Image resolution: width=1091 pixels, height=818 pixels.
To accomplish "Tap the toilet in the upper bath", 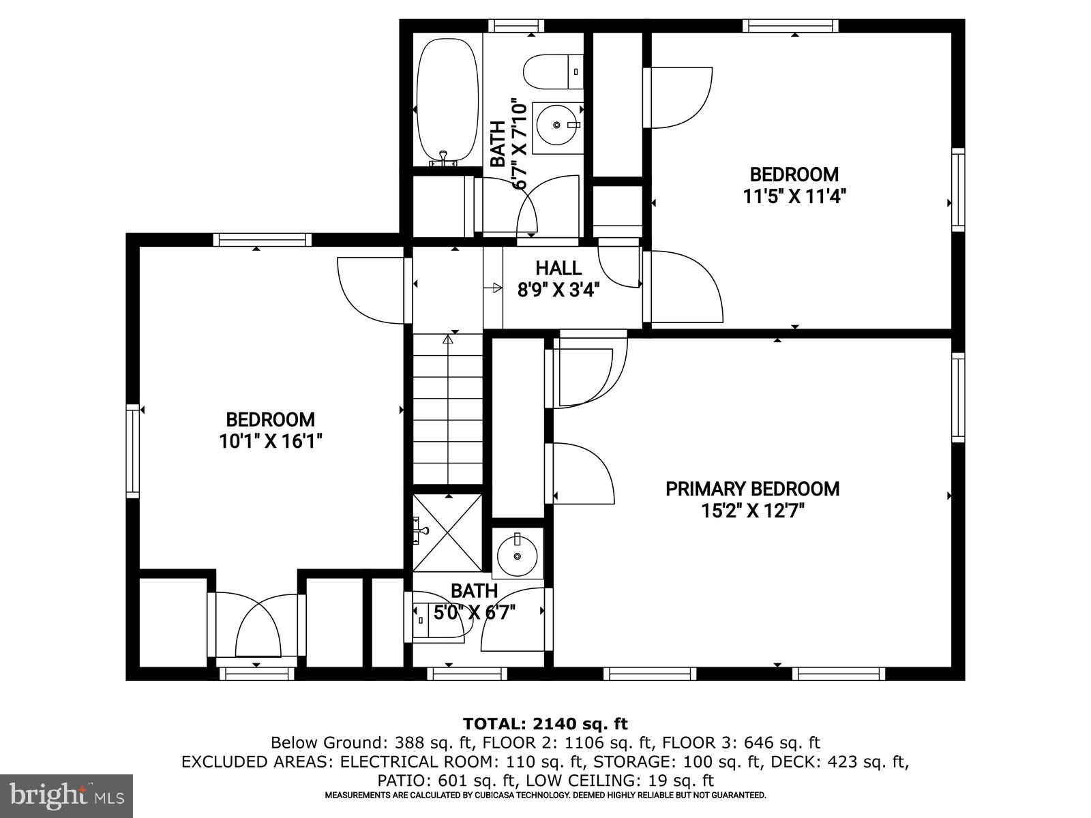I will pyautogui.click(x=553, y=72).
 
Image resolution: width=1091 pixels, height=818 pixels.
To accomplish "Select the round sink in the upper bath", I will pyautogui.click(x=556, y=125).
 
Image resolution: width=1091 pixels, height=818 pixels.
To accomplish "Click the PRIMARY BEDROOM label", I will pyautogui.click(x=752, y=489).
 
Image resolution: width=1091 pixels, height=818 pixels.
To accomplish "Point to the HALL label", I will pyautogui.click(x=558, y=268).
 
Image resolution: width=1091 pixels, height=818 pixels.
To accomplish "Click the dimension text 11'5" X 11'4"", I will pyautogui.click(x=794, y=197).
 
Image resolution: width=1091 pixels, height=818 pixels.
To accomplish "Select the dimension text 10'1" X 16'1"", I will pyautogui.click(x=270, y=442).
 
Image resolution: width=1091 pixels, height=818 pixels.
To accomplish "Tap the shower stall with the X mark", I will pyautogui.click(x=447, y=532).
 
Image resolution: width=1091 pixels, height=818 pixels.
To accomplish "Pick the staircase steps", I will pyautogui.click(x=447, y=409).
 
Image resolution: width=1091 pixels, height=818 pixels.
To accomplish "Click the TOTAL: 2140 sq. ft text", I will pyautogui.click(x=545, y=724).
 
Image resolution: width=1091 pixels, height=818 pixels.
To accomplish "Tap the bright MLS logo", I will pyautogui.click(x=66, y=795).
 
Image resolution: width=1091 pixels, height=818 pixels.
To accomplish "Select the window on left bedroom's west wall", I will pyautogui.click(x=133, y=451).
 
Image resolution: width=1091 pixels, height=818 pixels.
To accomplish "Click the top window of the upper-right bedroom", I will pyautogui.click(x=790, y=26).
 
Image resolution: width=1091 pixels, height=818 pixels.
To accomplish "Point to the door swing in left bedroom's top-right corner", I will pyautogui.click(x=372, y=290).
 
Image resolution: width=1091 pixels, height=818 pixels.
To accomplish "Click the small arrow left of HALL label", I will pyautogui.click(x=492, y=288).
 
